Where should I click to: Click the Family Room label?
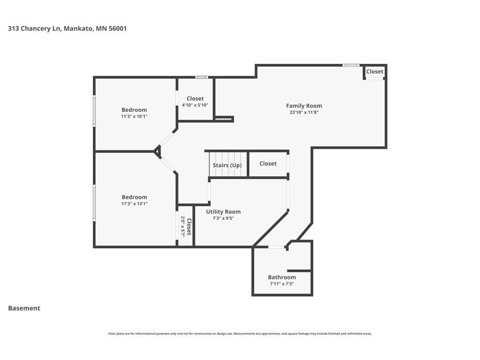click(304, 106)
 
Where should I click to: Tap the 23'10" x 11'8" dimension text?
click(304, 112)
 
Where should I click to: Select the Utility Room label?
click(223, 212)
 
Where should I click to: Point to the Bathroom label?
click(282, 277)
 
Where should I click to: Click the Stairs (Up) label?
click(227, 165)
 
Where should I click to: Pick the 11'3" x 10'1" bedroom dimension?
click(134, 116)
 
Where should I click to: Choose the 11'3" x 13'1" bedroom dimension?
click(134, 203)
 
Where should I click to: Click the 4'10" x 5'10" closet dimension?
click(195, 105)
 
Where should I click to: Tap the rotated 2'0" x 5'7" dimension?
click(183, 226)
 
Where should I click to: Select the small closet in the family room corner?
click(375, 72)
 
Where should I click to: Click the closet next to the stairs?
click(268, 164)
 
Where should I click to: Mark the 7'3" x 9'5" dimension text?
click(223, 218)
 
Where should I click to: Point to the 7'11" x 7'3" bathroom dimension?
click(282, 284)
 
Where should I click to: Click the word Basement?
click(24, 308)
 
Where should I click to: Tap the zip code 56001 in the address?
click(118, 29)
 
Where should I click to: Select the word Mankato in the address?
click(78, 29)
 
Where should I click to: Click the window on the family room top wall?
click(351, 65)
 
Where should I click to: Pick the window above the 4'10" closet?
click(202, 77)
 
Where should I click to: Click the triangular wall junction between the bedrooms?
click(157, 151)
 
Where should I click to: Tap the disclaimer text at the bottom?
click(240, 334)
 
